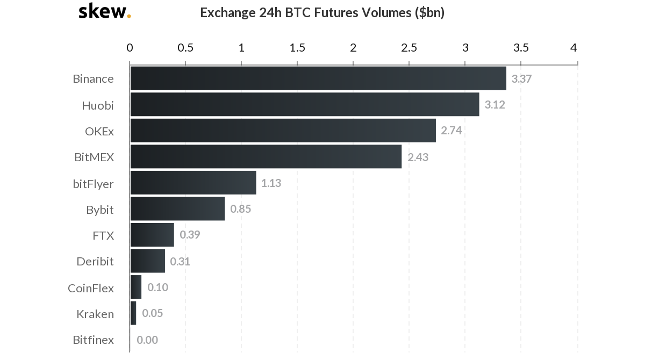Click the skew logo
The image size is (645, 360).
104,11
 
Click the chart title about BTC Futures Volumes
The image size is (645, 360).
322,12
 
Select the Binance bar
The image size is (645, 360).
318,78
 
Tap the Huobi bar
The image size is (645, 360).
304,104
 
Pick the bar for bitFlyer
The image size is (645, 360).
193,183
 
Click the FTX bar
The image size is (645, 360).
152,235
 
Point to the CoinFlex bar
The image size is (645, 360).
136,287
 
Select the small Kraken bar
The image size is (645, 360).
133,313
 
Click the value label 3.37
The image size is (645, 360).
521,79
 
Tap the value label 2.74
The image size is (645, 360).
451,131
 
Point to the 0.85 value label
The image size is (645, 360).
240,209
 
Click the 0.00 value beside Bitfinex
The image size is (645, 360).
147,340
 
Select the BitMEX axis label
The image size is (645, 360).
94,157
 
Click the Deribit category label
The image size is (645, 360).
95,262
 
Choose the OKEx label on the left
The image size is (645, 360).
99,131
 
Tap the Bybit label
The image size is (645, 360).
100,210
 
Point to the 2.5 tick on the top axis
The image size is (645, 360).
409,47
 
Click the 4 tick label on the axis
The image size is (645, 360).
574,47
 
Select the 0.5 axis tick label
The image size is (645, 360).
185,47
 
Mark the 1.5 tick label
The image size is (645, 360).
297,47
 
